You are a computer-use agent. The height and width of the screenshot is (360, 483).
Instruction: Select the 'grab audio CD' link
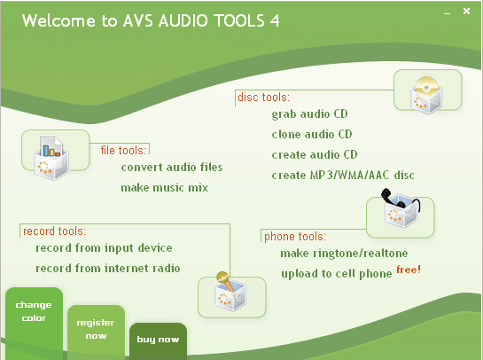coord(310,114)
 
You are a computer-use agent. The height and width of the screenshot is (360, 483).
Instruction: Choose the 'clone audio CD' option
coord(312,135)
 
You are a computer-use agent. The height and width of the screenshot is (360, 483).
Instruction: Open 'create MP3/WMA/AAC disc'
coord(343,176)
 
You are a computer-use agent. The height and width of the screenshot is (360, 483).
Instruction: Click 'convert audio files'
coord(172,167)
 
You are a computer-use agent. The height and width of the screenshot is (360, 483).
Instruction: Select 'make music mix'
coord(159,188)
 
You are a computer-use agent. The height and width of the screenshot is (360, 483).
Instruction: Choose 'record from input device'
coord(104,248)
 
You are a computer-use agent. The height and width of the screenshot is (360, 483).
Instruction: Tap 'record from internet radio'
coord(108,269)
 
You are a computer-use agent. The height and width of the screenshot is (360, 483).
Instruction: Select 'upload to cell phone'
coord(336,274)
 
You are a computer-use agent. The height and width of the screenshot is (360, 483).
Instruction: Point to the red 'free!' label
coord(409,269)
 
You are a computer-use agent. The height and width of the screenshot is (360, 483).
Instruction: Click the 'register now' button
coord(96,330)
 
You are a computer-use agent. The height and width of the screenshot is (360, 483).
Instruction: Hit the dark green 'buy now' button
coord(158,340)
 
